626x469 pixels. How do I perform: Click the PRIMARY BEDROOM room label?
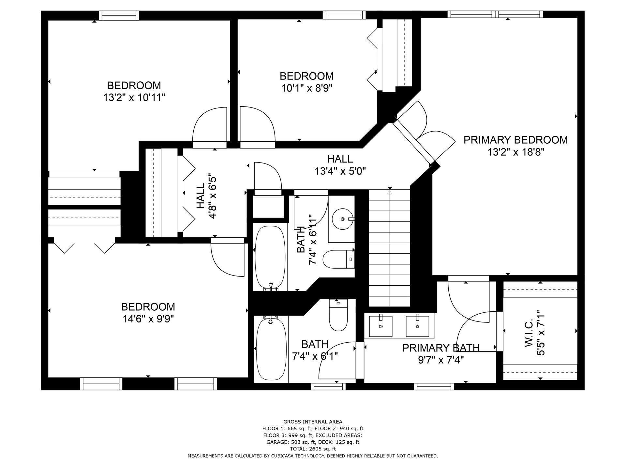click(515, 140)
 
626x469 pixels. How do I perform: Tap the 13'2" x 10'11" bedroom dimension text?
click(134, 97)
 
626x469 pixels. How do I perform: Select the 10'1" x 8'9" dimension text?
click(307, 88)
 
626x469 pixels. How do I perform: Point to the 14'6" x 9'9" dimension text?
click(148, 319)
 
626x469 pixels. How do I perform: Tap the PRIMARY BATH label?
click(441, 348)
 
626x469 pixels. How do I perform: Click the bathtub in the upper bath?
click(270, 257)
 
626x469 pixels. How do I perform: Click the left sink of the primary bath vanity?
click(381, 326)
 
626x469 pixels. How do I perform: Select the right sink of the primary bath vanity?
click(417, 326)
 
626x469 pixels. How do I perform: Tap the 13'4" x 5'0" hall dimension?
click(340, 171)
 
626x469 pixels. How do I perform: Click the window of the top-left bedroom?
click(119, 15)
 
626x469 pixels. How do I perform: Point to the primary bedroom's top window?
click(495, 14)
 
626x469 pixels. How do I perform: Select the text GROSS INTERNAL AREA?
click(313, 422)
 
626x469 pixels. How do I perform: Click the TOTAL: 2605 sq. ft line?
click(313, 449)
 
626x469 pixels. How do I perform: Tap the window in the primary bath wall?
click(434, 387)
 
